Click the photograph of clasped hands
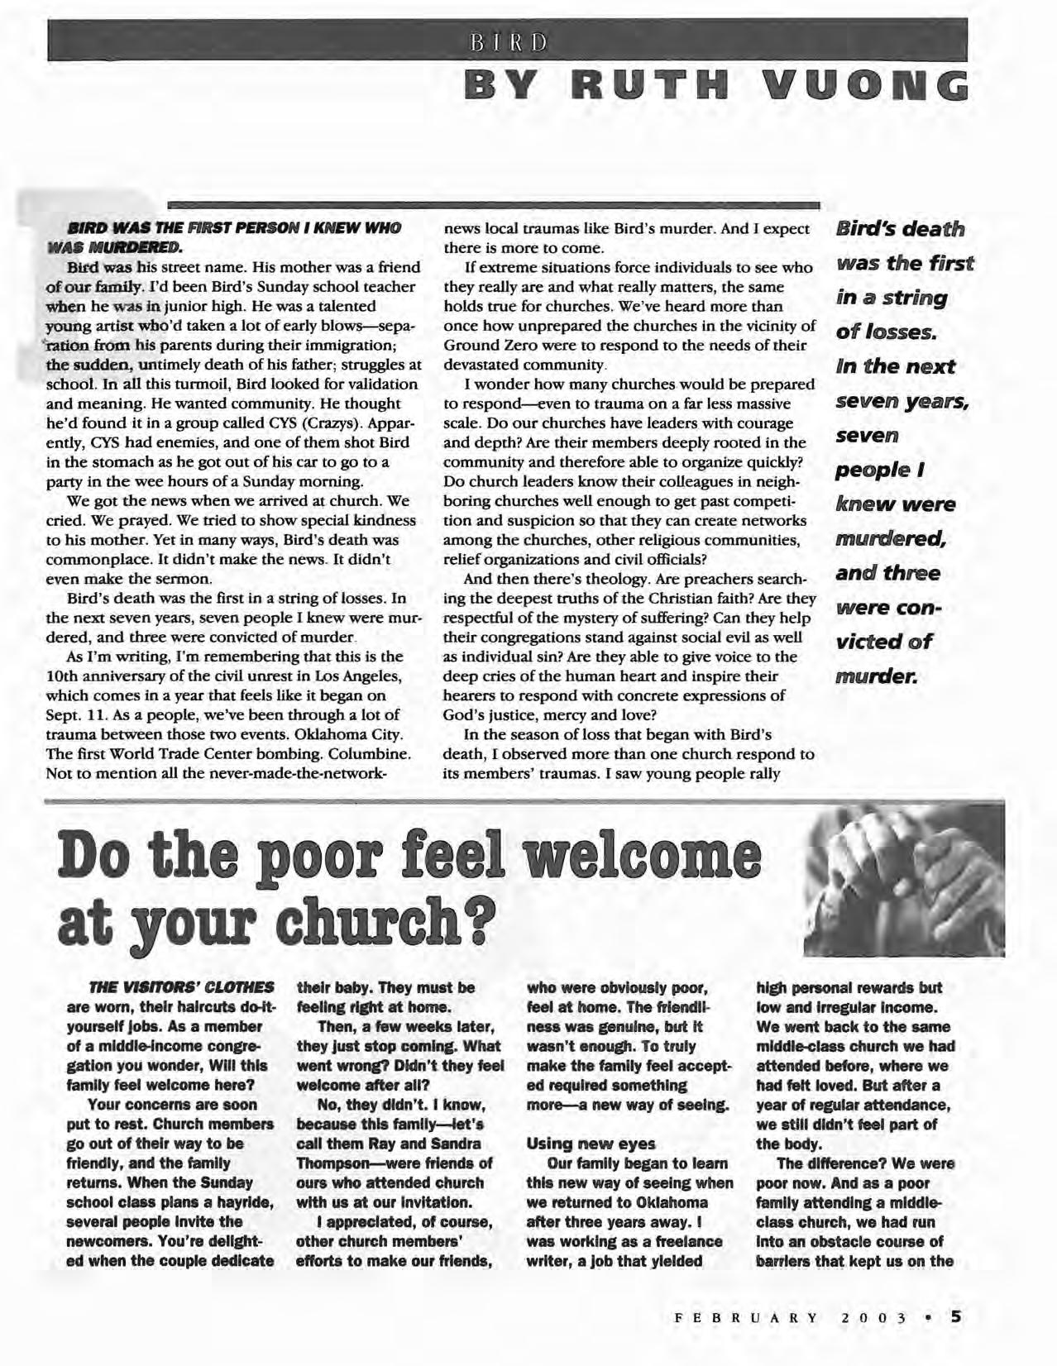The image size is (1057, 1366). click(904, 880)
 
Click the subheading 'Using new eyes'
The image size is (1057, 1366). click(591, 1144)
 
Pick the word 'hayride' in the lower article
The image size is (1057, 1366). click(246, 1202)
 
